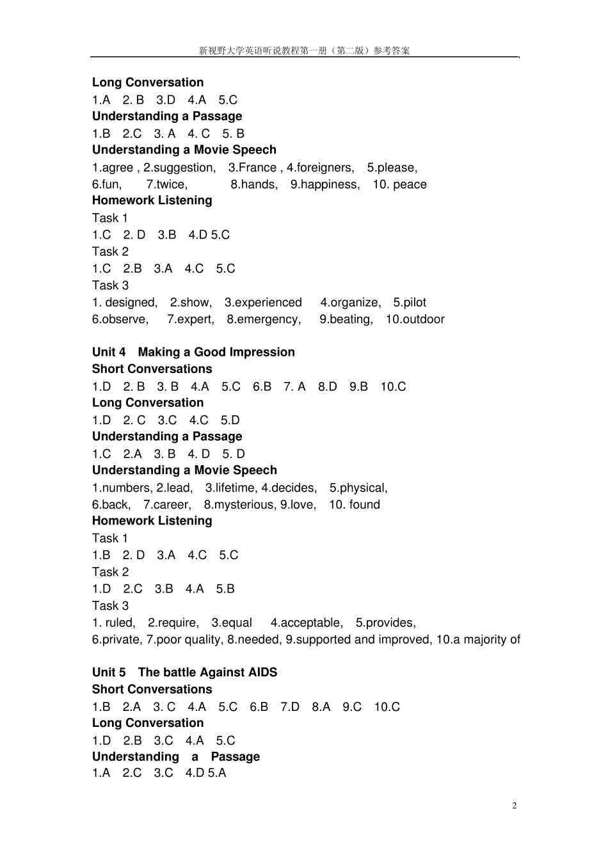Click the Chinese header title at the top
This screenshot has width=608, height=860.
(304, 51)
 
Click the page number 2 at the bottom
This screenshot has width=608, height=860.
(514, 806)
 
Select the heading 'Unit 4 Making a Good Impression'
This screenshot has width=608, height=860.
(193, 352)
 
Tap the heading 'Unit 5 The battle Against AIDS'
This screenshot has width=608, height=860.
(184, 673)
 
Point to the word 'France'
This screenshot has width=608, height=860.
(257, 168)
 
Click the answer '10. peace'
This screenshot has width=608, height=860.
(399, 184)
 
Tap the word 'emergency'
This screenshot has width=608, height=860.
(268, 319)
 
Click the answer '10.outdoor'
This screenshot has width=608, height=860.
(415, 319)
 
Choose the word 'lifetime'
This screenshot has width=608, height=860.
(235, 488)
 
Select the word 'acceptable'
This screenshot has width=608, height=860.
(311, 623)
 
